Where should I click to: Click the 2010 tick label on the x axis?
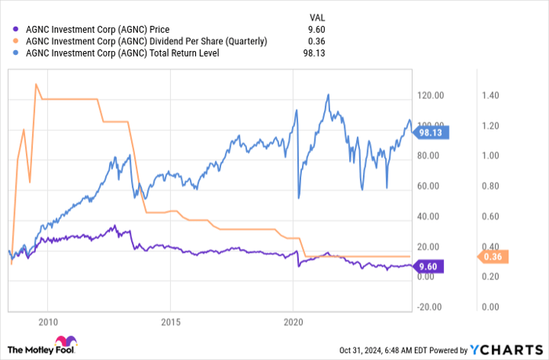(x=49, y=322)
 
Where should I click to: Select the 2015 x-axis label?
(x=170, y=322)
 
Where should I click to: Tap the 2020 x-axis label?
(x=293, y=322)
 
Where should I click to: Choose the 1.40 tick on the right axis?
(x=491, y=96)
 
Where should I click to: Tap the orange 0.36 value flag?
(x=492, y=256)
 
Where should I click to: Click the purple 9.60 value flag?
(x=427, y=266)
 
